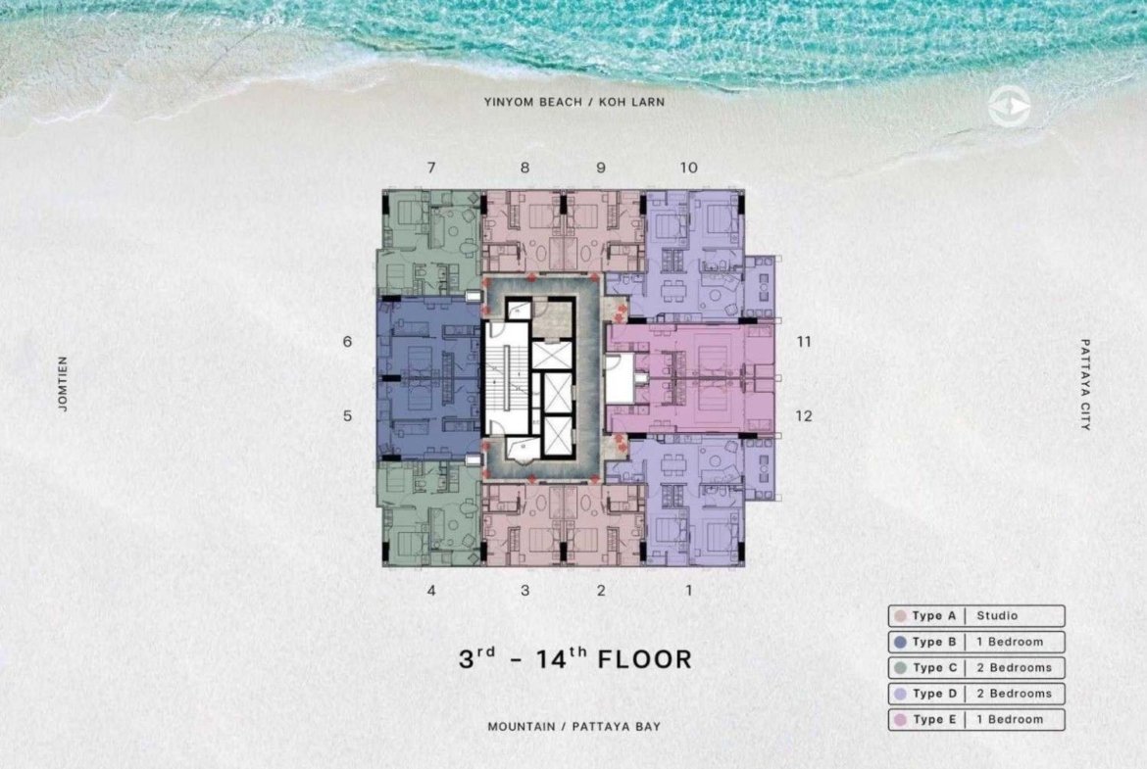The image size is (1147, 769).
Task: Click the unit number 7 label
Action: (431, 168)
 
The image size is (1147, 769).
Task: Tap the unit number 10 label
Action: (688, 168)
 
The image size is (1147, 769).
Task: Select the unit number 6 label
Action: (347, 341)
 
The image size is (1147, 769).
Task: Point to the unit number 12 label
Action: (804, 416)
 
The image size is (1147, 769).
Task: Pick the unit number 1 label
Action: (688, 590)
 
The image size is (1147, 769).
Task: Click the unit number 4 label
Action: (431, 590)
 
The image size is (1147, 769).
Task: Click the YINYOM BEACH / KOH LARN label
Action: (574, 102)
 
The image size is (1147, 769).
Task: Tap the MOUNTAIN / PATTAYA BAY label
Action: (574, 727)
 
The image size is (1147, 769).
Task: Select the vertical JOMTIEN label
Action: (63, 384)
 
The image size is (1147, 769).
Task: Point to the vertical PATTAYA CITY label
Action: (1085, 384)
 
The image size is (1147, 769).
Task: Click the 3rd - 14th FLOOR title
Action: (574, 658)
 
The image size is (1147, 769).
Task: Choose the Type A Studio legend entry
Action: (976, 616)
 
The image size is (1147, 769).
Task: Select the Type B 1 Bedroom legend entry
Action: (976, 642)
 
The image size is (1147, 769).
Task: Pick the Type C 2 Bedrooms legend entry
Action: (976, 667)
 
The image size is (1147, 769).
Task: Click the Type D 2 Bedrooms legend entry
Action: (976, 694)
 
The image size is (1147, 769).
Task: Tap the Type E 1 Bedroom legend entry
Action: (976, 719)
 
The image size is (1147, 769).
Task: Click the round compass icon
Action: (1010, 108)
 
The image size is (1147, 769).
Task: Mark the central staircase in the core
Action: (507, 379)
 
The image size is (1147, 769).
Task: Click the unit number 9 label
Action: (601, 168)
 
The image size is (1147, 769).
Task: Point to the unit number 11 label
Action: (804, 341)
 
